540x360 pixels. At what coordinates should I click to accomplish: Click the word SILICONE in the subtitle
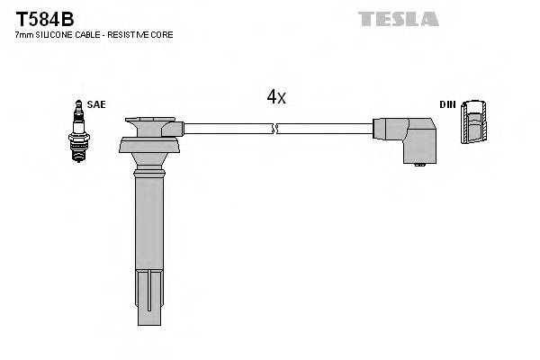point(54,34)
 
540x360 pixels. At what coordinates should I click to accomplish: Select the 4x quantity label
point(275,97)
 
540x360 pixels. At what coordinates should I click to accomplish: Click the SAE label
point(96,104)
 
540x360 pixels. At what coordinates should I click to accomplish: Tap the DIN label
point(447,104)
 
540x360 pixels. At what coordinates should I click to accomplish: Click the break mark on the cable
point(276,129)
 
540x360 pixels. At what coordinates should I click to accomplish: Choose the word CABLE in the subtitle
point(85,34)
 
